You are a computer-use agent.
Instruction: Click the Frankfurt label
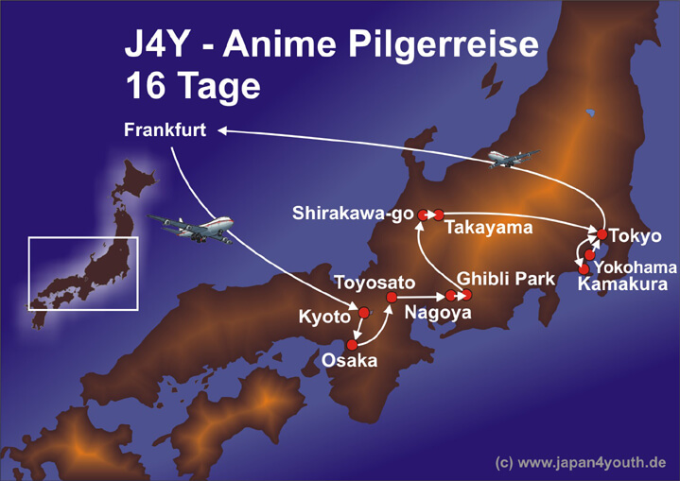coord(165,130)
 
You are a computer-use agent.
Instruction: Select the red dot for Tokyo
coord(602,233)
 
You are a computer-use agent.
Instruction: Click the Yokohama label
coord(636,266)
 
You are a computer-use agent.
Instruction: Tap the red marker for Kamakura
coord(584,269)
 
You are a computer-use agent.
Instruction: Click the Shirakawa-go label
coord(353,215)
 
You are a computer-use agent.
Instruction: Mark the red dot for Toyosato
coord(391,298)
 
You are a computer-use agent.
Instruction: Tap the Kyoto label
coord(324,317)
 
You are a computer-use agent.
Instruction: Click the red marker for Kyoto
coord(363,312)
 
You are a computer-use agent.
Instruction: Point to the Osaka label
coord(349,360)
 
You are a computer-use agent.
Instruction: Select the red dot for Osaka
coord(352,344)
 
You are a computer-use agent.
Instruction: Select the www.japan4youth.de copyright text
coord(581,463)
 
